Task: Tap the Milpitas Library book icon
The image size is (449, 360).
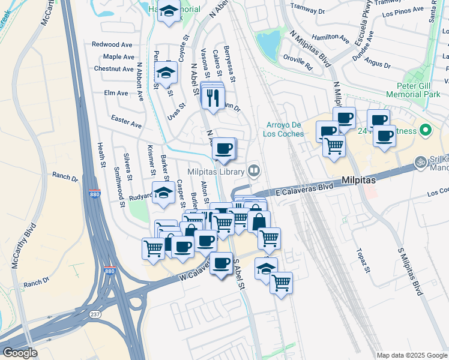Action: point(254,172)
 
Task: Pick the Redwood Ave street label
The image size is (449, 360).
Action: point(112,44)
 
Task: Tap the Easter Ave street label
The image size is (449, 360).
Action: point(127,121)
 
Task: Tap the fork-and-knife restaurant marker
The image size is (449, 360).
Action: point(212,97)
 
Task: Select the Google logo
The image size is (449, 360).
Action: point(20,353)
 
